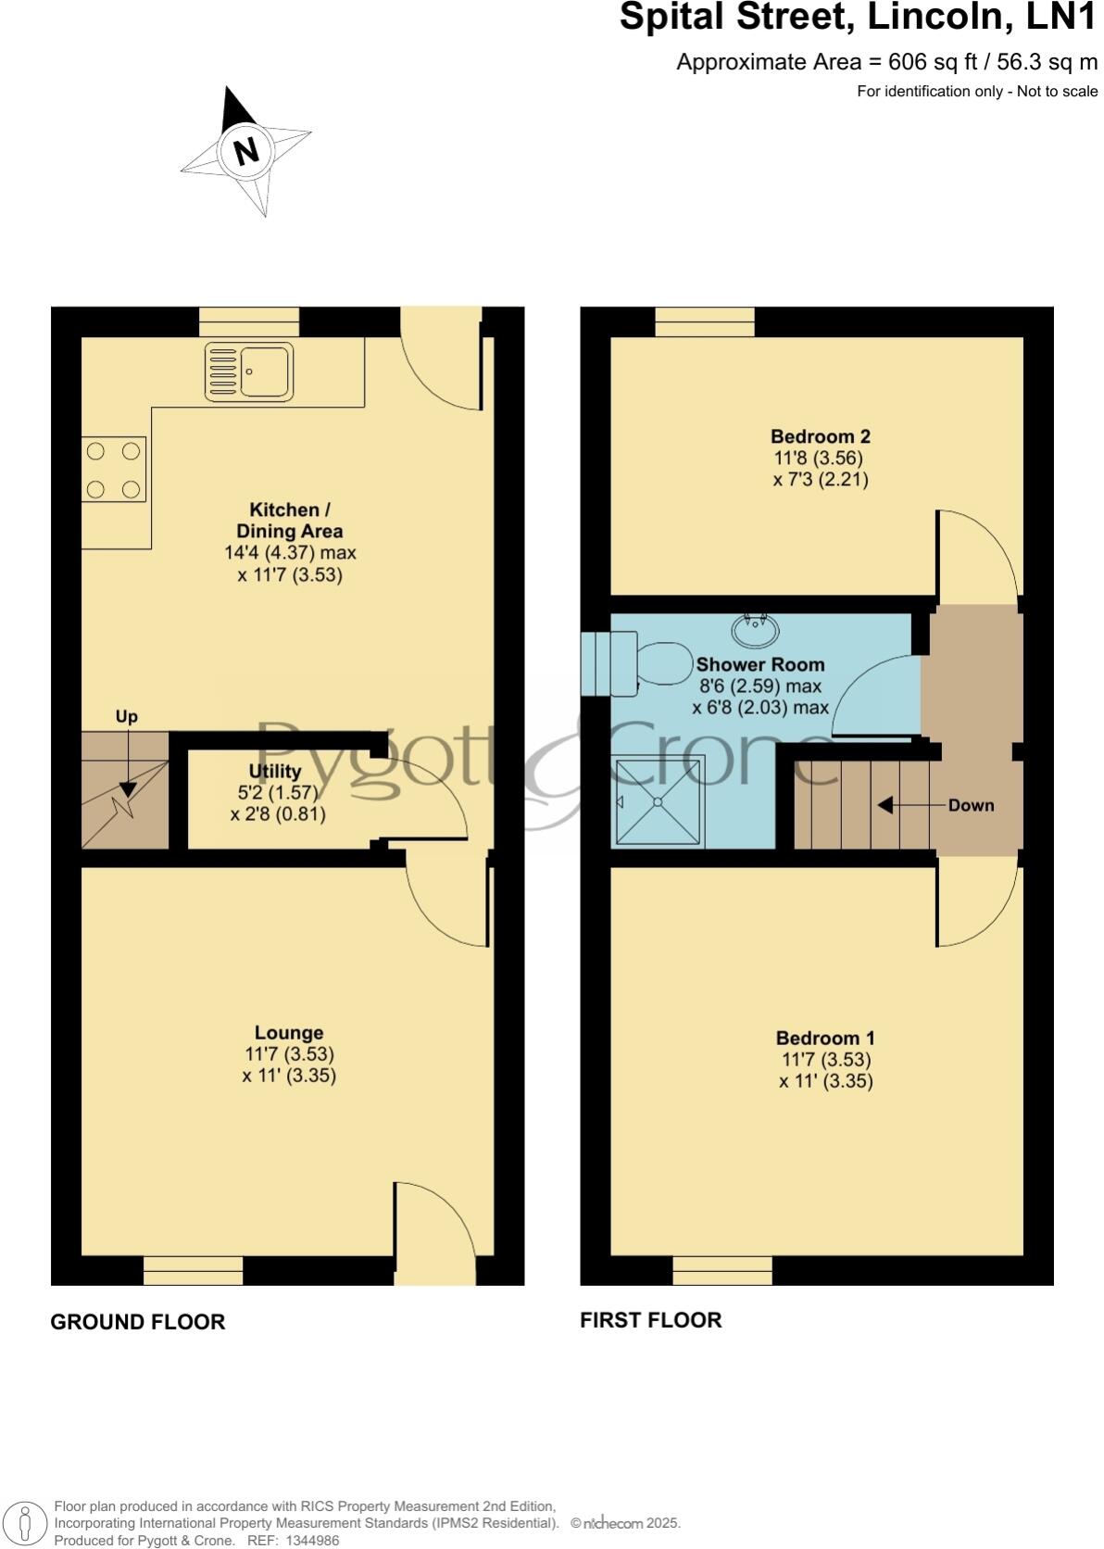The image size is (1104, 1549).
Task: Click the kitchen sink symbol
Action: click(x=249, y=371)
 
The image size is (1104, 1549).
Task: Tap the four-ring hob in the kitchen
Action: click(x=113, y=470)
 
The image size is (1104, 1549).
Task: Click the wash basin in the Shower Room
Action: click(x=755, y=631)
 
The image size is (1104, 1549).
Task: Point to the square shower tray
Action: click(x=659, y=800)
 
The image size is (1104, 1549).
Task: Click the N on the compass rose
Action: click(x=246, y=150)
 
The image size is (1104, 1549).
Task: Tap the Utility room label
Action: click(x=275, y=771)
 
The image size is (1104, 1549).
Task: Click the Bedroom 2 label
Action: click(x=820, y=436)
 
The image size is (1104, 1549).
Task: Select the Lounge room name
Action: click(x=289, y=1032)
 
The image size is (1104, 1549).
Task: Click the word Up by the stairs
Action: click(x=126, y=716)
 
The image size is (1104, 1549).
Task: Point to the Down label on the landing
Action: click(x=971, y=805)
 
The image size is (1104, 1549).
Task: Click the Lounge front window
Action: click(x=193, y=1270)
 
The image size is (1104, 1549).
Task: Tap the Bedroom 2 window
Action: click(x=704, y=321)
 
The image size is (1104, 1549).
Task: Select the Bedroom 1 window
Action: click(x=721, y=1270)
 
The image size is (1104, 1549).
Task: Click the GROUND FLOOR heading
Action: click(x=137, y=1322)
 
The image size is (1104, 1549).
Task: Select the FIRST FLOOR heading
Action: click(x=650, y=1320)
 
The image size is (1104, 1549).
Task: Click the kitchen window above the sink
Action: click(x=249, y=321)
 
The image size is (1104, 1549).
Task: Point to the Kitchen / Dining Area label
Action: click(x=289, y=521)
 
